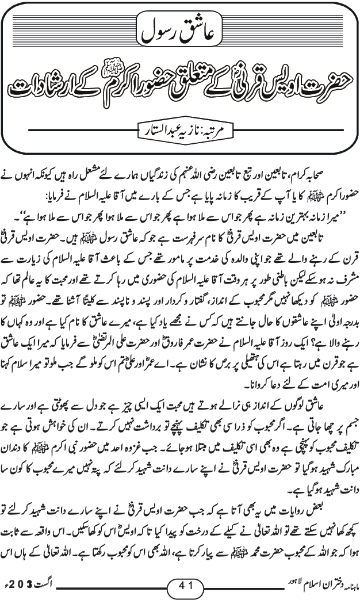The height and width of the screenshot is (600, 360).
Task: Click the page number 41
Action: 181,587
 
